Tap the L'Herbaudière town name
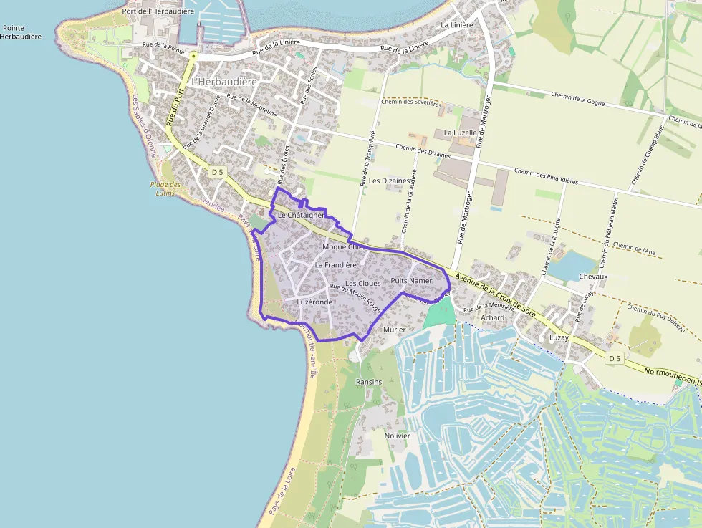coord(224,82)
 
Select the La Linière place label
coord(457,25)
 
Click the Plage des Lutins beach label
coord(165,188)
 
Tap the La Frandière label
coord(335,265)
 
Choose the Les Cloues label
coord(363,284)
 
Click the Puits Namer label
coord(412,281)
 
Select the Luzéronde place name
coord(315,302)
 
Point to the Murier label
coord(395,330)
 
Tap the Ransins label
coord(369,382)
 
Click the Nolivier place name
coord(397,436)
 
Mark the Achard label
coord(493,317)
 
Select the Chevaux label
coord(592,277)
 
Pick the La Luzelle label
coord(460,133)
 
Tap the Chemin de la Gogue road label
coord(577,99)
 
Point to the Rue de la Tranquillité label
coord(368,158)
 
